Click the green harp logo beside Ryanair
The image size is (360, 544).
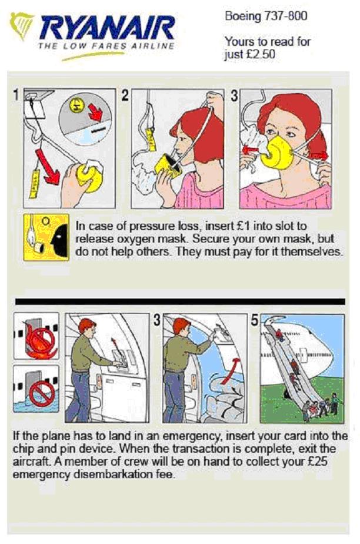(x=22, y=25)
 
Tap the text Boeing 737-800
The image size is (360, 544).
(x=266, y=16)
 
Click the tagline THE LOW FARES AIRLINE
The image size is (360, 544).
(x=106, y=45)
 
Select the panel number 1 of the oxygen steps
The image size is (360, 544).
(x=16, y=95)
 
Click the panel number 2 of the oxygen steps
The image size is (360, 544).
(x=125, y=95)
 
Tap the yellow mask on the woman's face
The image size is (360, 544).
(x=277, y=152)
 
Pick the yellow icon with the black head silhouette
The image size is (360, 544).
(x=46, y=237)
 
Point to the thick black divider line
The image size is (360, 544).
(x=180, y=301)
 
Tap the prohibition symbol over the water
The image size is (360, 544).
(x=42, y=392)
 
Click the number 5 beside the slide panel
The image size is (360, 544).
(x=255, y=320)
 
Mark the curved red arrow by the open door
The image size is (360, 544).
(x=230, y=370)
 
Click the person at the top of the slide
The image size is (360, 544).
(x=279, y=335)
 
